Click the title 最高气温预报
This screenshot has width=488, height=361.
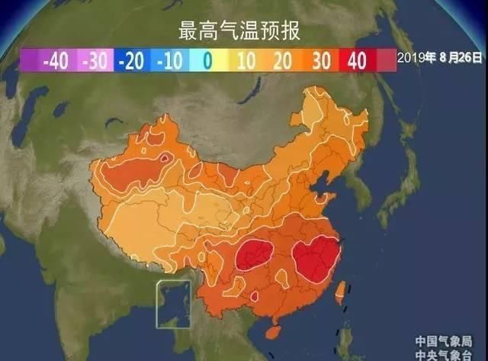(239, 32)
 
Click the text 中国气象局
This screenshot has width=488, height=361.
(444, 340)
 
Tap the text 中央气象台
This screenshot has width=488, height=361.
(444, 353)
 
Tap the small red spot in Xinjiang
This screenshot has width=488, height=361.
(164, 160)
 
